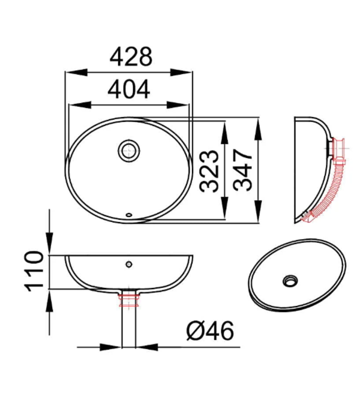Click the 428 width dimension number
(x=131, y=56)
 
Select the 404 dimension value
(x=128, y=89)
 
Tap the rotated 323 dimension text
(x=209, y=171)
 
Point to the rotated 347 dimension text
(x=243, y=170)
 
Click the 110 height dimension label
(x=34, y=271)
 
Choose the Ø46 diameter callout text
(x=210, y=331)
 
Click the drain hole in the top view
(x=129, y=151)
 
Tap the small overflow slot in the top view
(x=128, y=214)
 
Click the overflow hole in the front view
(x=129, y=264)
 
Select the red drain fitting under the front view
(x=129, y=300)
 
